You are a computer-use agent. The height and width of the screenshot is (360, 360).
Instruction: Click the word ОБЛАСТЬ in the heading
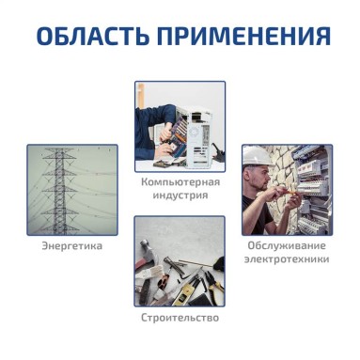tap(93, 36)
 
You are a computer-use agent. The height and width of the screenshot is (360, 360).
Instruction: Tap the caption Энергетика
tap(72, 245)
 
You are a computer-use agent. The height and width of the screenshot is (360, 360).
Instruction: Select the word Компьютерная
tap(180, 182)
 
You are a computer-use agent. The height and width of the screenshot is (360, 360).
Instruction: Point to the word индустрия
tap(180, 196)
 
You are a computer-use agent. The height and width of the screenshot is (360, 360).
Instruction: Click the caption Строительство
tap(180, 318)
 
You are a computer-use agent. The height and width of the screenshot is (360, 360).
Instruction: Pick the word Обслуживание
tap(287, 245)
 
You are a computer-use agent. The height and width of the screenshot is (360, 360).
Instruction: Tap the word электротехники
tap(287, 259)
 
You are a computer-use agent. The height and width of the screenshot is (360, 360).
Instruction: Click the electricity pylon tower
tap(60, 191)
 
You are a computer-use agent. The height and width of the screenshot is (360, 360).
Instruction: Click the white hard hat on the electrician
tap(258, 156)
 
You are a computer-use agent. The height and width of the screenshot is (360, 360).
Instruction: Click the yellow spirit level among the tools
tap(185, 291)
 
